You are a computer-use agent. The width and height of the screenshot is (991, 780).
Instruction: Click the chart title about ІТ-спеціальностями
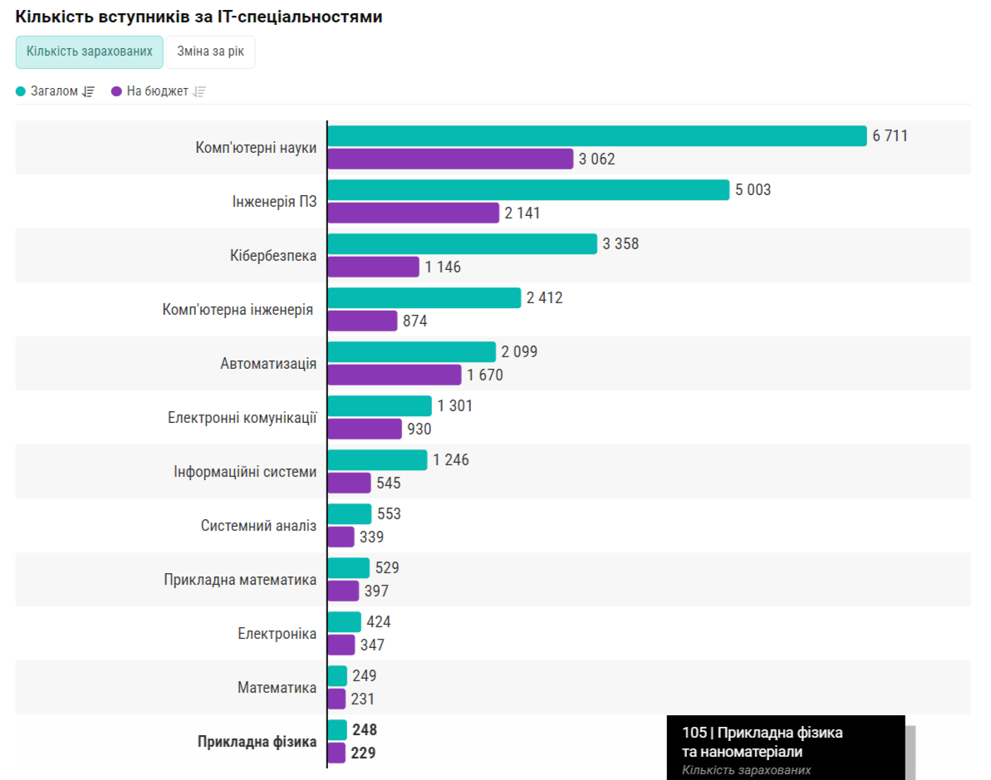click(x=199, y=17)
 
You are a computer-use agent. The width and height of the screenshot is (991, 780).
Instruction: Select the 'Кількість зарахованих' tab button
click(x=90, y=52)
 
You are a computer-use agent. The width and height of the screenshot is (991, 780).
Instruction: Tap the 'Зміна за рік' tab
click(x=210, y=52)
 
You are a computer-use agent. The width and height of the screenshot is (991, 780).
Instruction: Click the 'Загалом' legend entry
click(x=55, y=91)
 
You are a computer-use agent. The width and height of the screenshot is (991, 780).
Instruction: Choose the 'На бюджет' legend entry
click(x=157, y=91)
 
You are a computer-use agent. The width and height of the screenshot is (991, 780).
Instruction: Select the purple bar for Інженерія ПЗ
click(x=413, y=213)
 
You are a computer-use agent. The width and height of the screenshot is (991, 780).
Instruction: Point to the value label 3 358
click(x=621, y=244)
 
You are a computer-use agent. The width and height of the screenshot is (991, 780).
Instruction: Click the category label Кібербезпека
click(x=273, y=256)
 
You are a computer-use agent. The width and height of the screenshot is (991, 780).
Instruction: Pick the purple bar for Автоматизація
click(x=394, y=375)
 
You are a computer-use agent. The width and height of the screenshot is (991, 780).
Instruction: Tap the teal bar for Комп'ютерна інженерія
click(x=424, y=297)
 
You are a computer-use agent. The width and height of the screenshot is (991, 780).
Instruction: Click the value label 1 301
click(x=456, y=406)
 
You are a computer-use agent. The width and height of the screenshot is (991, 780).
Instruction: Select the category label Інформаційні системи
click(x=245, y=472)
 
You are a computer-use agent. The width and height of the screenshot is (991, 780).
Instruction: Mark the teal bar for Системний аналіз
click(x=349, y=514)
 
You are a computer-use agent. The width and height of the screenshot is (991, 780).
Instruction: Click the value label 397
click(x=376, y=591)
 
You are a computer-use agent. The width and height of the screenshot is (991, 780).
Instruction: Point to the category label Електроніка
click(x=277, y=634)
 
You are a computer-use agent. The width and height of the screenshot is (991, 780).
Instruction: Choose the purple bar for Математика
click(x=336, y=699)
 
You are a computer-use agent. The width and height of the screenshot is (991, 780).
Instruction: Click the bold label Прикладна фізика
click(x=257, y=742)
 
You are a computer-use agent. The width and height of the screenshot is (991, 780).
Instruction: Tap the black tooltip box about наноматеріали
click(x=785, y=748)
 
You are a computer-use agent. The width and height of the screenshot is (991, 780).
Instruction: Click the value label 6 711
click(x=890, y=136)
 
